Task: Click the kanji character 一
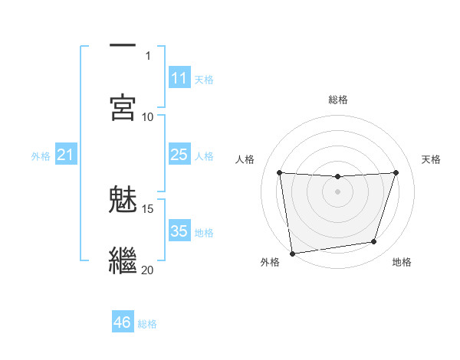coord(123,46)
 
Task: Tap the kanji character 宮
coord(123,107)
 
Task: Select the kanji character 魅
coord(123,199)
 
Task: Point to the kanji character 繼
coord(123,260)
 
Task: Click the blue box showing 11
coord(179,78)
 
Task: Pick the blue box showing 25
coord(179,155)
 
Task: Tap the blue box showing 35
coord(179,231)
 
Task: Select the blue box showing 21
coord(65,155)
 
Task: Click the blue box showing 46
coord(122,322)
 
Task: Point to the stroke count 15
coord(148,208)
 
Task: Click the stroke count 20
coord(148,270)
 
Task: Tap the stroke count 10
coord(148,116)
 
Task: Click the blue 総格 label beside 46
coord(147,324)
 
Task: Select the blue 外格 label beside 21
coord(41,156)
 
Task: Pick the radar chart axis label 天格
coord(432,159)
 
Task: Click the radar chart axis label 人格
coord(245,159)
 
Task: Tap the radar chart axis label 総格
coord(338,100)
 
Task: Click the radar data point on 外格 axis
coord(291,253)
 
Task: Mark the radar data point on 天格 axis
coord(396,172)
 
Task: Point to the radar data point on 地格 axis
coord(374,242)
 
